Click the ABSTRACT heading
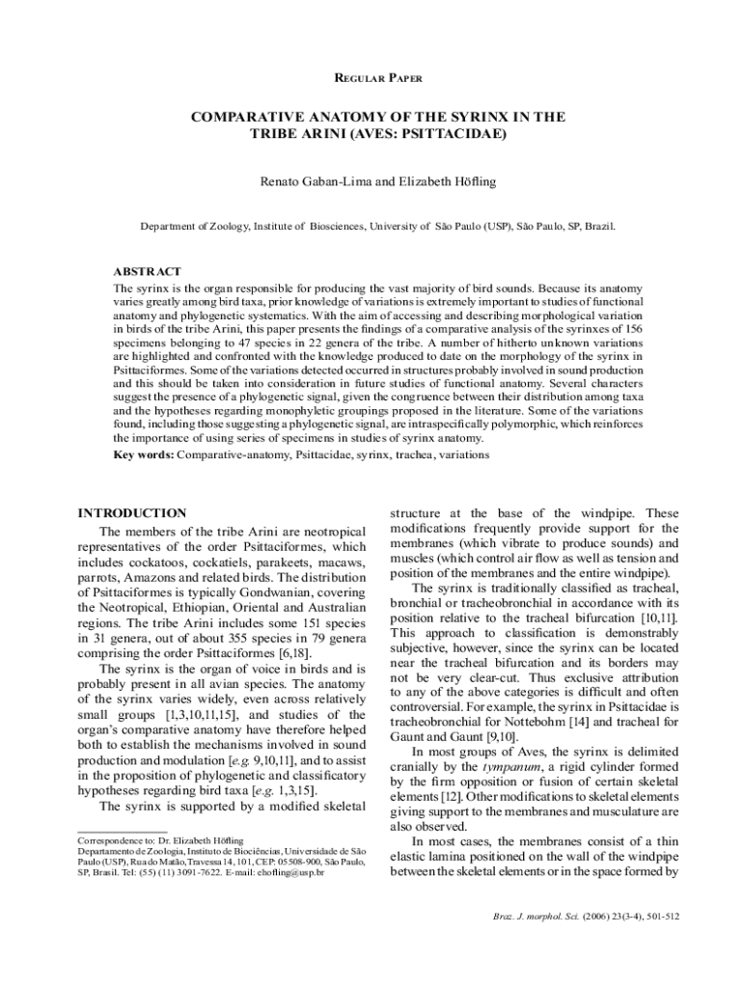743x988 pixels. point(148,272)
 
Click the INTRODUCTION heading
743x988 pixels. point(131,513)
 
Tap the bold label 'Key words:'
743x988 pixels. point(144,453)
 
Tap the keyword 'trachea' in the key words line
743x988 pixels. point(414,453)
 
